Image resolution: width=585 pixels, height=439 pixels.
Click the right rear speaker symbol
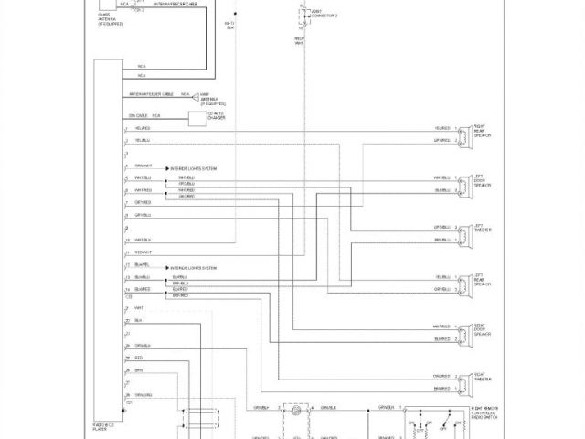pyautogui.click(x=465, y=134)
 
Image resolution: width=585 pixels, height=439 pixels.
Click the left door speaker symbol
pyautogui.click(x=465, y=184)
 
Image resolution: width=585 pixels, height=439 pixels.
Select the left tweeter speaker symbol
pyautogui.click(x=465, y=233)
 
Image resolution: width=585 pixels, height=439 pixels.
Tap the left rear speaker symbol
pyautogui.click(x=465, y=283)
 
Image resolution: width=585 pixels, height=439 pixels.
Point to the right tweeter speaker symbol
pyautogui.click(x=465, y=381)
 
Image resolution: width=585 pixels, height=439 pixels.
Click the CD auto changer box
pyautogui.click(x=197, y=118)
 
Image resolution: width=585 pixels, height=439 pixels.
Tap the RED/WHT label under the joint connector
pyautogui.click(x=300, y=42)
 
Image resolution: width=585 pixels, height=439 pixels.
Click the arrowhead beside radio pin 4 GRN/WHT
pyautogui.click(x=166, y=168)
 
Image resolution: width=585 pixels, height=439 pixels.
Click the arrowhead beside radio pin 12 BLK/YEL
pyautogui.click(x=166, y=267)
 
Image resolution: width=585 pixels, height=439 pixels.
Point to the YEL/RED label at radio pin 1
pyautogui.click(x=142, y=129)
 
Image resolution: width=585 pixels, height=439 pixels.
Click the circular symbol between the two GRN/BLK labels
pyautogui.click(x=296, y=412)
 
